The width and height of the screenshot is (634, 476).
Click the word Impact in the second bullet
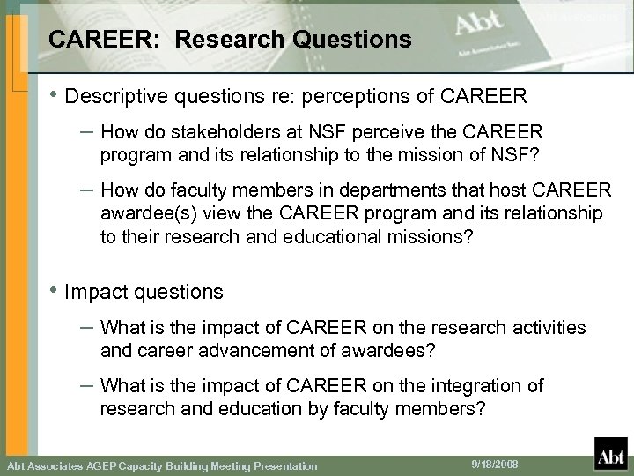92,291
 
